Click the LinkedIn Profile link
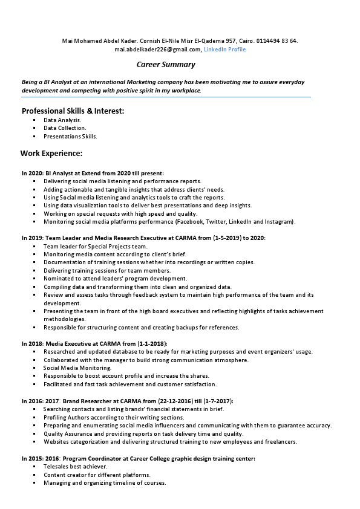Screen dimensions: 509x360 click(x=224, y=50)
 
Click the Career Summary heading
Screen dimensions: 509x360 click(x=166, y=64)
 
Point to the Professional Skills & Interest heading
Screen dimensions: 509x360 click(x=73, y=111)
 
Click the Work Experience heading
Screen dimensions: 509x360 click(x=51, y=153)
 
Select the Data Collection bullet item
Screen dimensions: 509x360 click(x=65, y=128)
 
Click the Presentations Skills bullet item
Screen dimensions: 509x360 click(x=70, y=137)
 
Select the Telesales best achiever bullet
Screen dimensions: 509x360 click(x=75, y=467)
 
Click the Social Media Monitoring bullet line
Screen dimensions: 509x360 click(x=77, y=368)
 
